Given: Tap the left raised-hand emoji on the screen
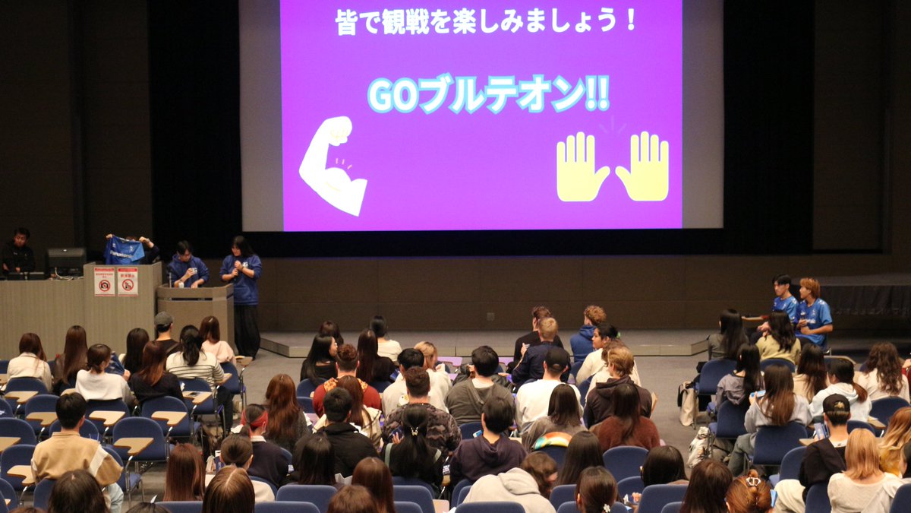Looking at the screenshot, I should [x=581, y=166].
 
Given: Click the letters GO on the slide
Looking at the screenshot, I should [x=392, y=95].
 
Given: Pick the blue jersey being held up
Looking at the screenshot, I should [x=124, y=251].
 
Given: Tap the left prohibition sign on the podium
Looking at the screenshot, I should [x=104, y=281].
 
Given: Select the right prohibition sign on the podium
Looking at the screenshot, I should [x=128, y=281].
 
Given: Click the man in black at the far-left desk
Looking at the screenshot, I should [x=18, y=252].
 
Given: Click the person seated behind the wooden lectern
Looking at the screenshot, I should [x=186, y=265].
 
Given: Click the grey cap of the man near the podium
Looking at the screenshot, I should [x=163, y=318].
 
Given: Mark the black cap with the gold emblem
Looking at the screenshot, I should [x=837, y=404].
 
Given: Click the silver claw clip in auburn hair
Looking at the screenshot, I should [x=752, y=481].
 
